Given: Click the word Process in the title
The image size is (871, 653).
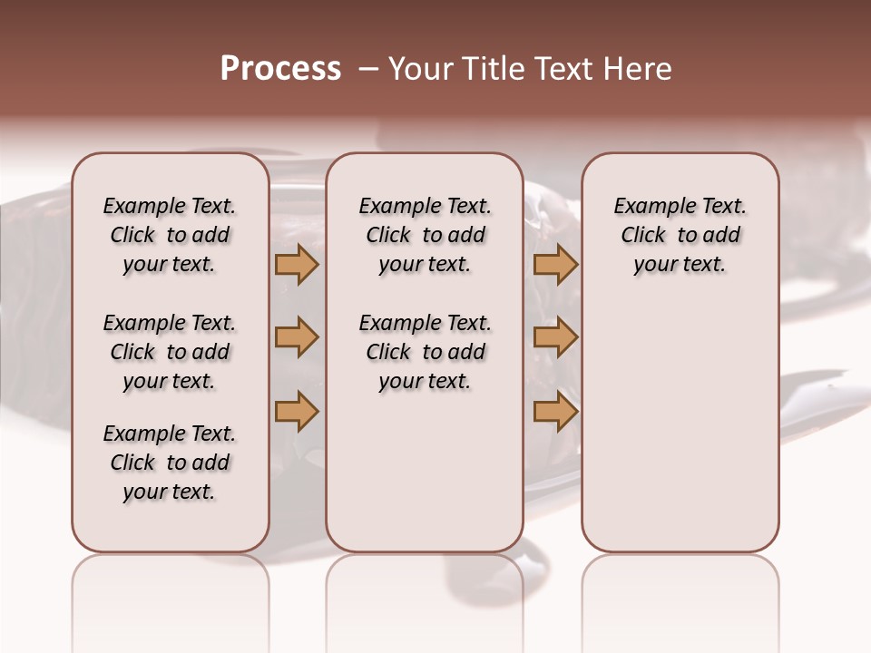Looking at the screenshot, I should pyautogui.click(x=280, y=69).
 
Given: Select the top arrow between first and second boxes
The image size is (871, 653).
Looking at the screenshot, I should pyautogui.click(x=297, y=264).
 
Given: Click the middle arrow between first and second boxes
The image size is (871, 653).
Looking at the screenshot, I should pyautogui.click(x=297, y=338).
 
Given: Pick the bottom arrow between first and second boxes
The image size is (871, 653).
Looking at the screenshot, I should pyautogui.click(x=297, y=412).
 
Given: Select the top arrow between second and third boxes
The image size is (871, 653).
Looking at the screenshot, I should pyautogui.click(x=555, y=264).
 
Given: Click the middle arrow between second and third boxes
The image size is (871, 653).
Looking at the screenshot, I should pyautogui.click(x=555, y=338).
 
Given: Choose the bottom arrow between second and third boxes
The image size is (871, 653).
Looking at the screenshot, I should pyautogui.click(x=555, y=412).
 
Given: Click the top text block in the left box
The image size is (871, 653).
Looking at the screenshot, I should pyautogui.click(x=170, y=235).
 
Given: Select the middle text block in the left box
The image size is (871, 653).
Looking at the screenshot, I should pyautogui.click(x=170, y=352).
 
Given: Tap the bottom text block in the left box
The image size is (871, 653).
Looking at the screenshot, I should pyautogui.click(x=170, y=463).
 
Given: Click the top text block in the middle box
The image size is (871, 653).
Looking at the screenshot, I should pyautogui.click(x=425, y=235).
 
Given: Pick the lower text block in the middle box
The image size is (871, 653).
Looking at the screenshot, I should pyautogui.click(x=425, y=352).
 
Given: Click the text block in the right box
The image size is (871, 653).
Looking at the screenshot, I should pyautogui.click(x=680, y=235).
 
